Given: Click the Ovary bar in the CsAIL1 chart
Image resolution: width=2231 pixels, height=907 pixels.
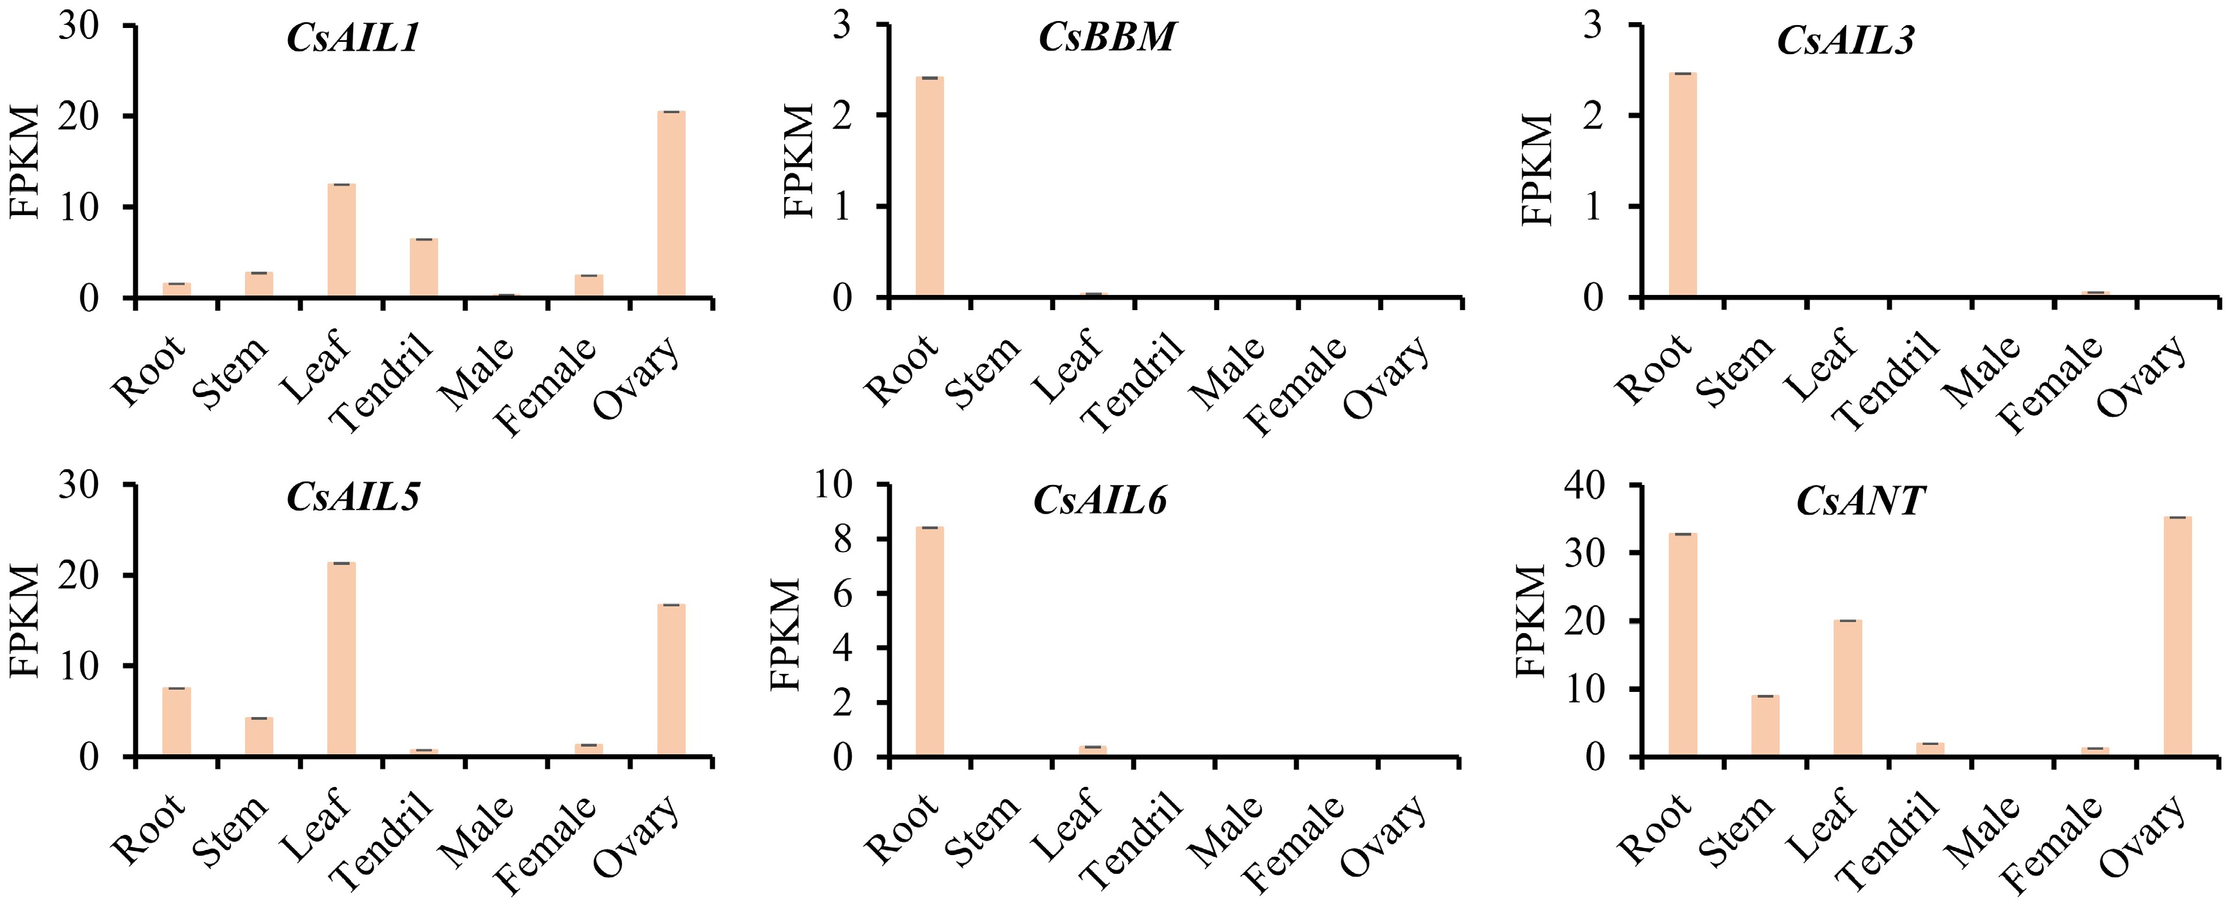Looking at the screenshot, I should coord(671,205).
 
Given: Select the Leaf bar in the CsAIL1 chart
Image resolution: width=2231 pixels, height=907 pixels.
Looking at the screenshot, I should coord(341,241).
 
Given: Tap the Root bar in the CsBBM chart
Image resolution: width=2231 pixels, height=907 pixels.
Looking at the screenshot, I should coord(929,187).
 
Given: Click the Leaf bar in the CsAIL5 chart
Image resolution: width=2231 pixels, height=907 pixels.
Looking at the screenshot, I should coord(341,659).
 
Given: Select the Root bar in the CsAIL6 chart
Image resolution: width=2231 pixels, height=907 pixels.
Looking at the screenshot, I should coord(929,641).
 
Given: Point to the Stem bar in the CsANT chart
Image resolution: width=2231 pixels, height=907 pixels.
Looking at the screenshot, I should coord(1765,726).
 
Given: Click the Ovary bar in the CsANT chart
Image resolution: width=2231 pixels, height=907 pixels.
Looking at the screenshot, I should coord(2177,637).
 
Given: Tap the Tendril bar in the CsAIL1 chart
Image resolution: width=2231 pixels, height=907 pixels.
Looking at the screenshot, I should coord(423,268).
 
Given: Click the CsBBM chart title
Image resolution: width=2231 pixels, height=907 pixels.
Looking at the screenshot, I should coord(1107,38).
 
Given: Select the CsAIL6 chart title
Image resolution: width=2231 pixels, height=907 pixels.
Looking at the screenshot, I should coord(1100,501).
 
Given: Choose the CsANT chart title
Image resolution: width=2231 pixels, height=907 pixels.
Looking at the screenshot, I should coord(1860,501).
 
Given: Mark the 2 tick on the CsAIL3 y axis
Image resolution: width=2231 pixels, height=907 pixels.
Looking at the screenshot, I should coord(1593,116).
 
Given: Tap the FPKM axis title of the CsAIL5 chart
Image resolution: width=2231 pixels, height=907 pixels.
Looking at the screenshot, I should coord(26,620).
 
